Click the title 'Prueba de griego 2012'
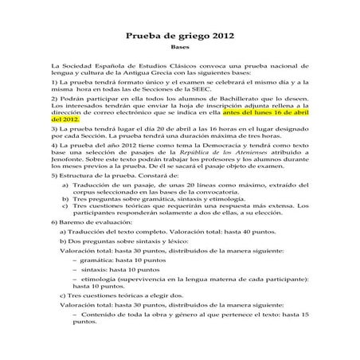point(180,36)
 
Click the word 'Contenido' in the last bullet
point(98,313)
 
